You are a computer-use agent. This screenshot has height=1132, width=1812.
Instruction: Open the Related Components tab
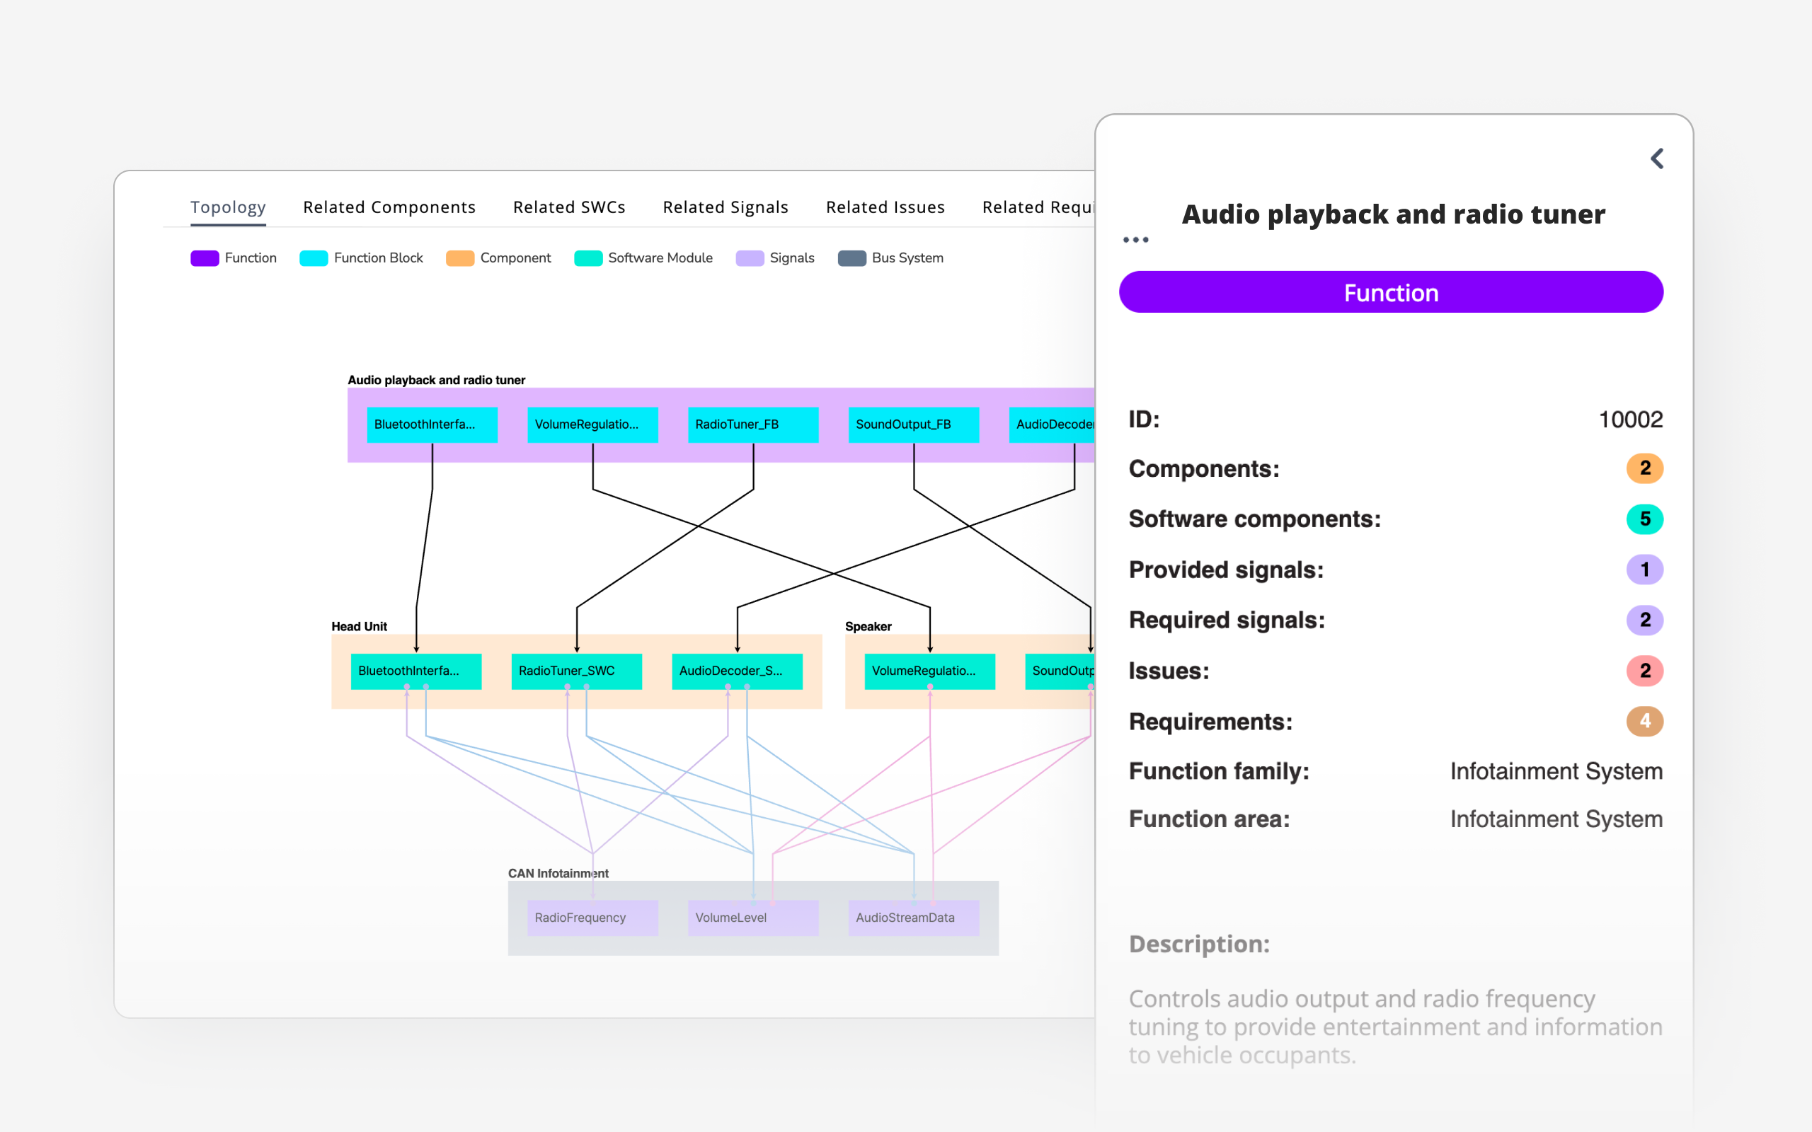389,207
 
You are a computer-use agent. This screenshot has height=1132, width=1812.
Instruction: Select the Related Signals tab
725,207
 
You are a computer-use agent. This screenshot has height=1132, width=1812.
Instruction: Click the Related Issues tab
885,207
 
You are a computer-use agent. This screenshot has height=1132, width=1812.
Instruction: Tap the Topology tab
228,207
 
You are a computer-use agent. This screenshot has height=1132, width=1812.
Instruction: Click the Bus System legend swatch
851,258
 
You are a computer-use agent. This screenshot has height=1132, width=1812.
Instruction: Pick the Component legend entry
499,258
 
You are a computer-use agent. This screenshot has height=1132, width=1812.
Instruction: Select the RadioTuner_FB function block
752,424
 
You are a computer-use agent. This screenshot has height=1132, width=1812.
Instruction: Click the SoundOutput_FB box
913,424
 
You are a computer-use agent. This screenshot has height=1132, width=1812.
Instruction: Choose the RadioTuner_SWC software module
575,671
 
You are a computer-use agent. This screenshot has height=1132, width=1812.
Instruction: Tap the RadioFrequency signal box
592,917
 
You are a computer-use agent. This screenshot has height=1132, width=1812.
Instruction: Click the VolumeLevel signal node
752,917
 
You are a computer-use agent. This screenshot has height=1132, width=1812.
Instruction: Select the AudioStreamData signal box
913,917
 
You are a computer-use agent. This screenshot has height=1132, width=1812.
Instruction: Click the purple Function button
1390,293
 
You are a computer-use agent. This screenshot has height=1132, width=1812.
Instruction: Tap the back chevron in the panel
1656,158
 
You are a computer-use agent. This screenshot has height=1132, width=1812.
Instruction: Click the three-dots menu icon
1135,240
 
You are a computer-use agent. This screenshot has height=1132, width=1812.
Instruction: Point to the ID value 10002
1630,420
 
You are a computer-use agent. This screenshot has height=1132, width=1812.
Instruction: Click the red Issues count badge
1644,671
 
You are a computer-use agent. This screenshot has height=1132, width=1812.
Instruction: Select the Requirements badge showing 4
1644,721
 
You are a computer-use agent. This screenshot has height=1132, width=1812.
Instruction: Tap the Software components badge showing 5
1644,519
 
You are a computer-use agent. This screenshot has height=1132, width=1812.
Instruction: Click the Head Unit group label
359,627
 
